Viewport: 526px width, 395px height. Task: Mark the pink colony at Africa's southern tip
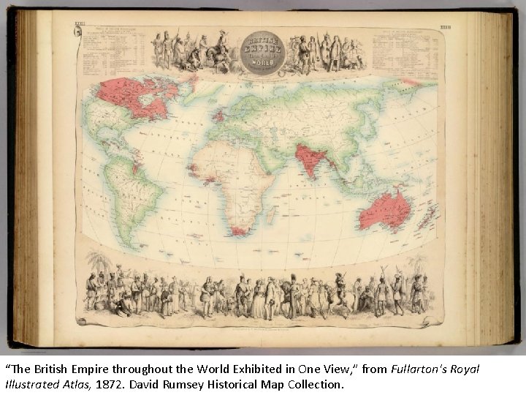(235, 230)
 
